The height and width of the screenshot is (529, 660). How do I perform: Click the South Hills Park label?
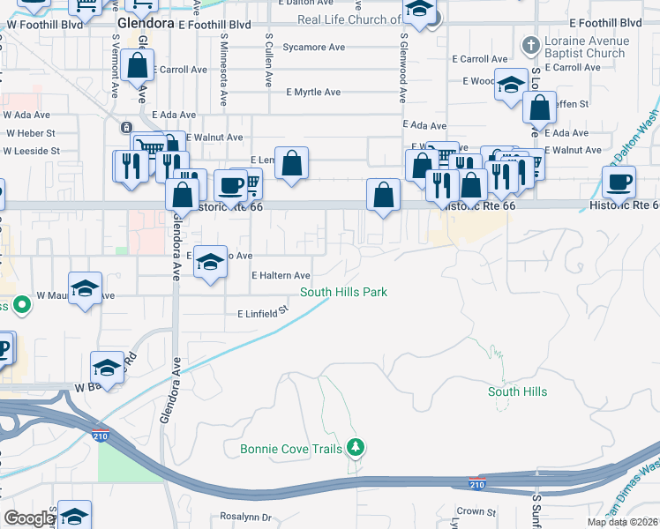pyautogui.click(x=344, y=292)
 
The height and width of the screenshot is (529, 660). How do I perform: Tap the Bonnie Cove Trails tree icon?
pyautogui.click(x=356, y=449)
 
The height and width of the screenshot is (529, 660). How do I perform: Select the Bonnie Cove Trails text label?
pyautogui.click(x=290, y=450)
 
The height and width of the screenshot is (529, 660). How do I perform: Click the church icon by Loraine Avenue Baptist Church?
pyautogui.click(x=531, y=44)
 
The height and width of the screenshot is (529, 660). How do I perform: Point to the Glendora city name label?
pyautogui.click(x=146, y=24)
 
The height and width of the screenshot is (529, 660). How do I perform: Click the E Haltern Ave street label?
pyautogui.click(x=281, y=276)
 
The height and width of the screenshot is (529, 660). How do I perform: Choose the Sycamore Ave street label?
pyautogui.click(x=314, y=47)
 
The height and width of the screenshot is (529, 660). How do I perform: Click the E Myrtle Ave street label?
pyautogui.click(x=314, y=93)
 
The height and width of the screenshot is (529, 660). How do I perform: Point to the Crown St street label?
pyautogui.click(x=476, y=511)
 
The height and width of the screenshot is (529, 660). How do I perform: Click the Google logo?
pyautogui.click(x=28, y=518)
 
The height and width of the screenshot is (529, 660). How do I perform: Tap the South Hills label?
pyautogui.click(x=517, y=391)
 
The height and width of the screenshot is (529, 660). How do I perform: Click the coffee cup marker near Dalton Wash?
pyautogui.click(x=619, y=183)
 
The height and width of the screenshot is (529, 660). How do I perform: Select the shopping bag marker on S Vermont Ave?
pyautogui.click(x=139, y=65)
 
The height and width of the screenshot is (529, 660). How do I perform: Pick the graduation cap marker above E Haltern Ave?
pyautogui.click(x=210, y=263)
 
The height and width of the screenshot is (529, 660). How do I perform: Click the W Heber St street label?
pyautogui.click(x=31, y=133)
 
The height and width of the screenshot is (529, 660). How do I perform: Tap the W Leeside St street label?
pyautogui.click(x=32, y=151)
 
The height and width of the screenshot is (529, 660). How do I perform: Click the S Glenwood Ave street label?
pyautogui.click(x=403, y=58)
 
